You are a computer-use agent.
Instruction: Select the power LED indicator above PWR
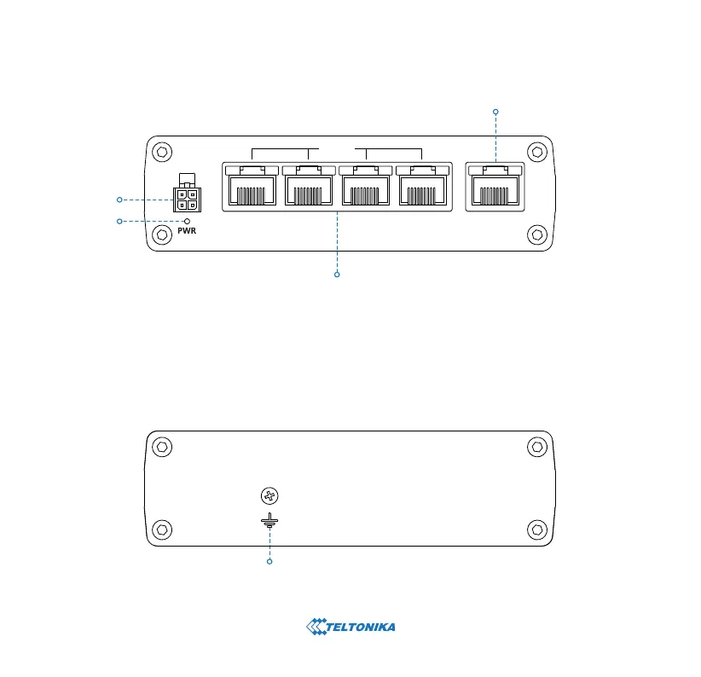(x=187, y=222)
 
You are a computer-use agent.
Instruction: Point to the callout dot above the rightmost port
(x=495, y=111)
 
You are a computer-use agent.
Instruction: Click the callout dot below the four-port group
(x=337, y=275)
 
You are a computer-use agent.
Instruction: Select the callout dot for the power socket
(x=119, y=200)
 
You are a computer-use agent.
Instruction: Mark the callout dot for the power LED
(x=119, y=222)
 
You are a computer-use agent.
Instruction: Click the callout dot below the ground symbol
(x=270, y=562)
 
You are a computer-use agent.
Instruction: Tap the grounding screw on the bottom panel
(x=270, y=495)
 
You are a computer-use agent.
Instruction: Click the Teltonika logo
(x=350, y=628)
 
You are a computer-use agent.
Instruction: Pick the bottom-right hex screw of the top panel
(x=536, y=234)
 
